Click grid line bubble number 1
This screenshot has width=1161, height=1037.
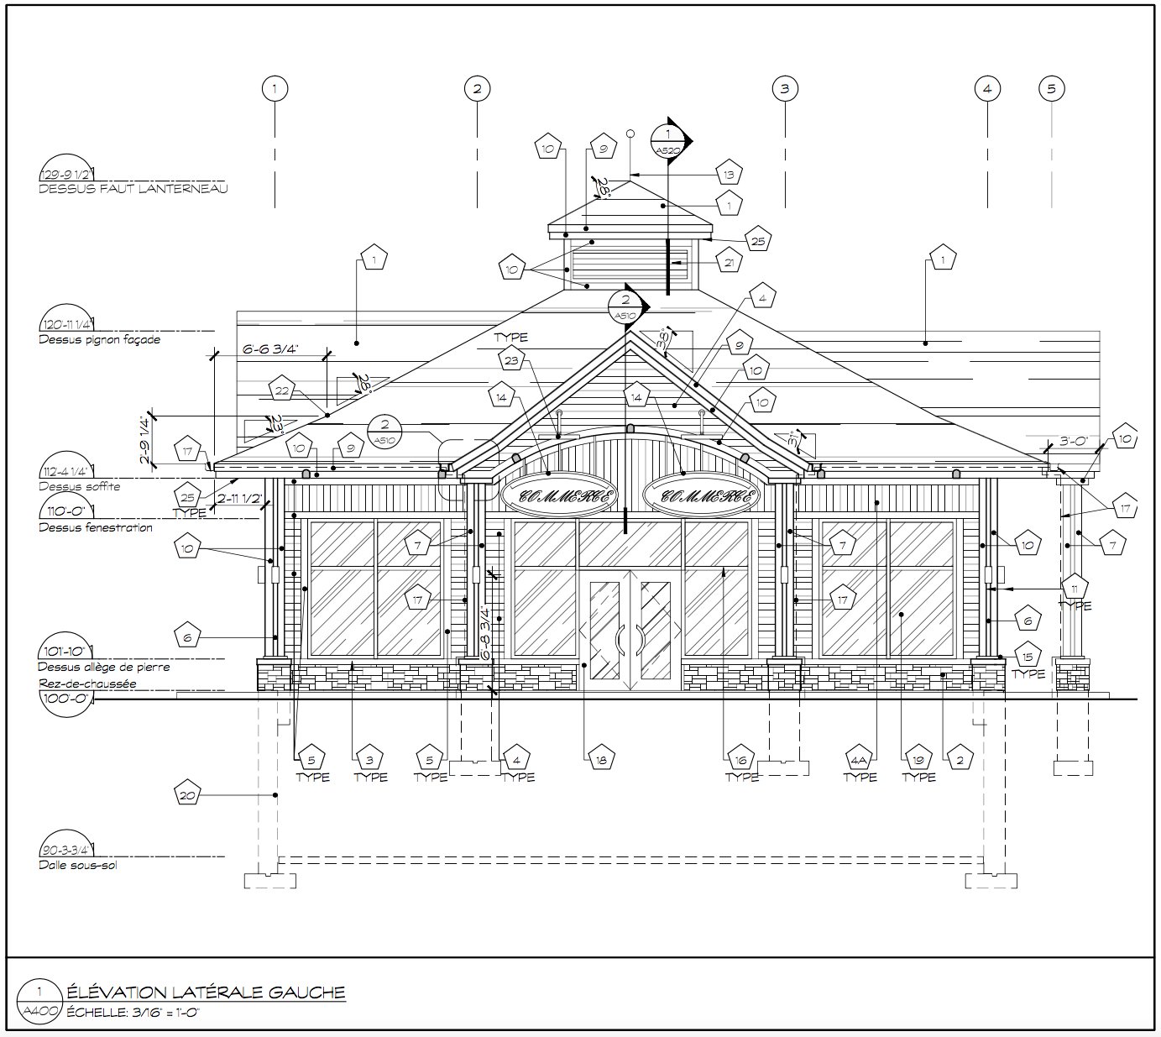[275, 88]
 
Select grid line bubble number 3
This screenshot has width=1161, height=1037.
[785, 88]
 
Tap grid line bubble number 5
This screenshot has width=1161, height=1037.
[1052, 88]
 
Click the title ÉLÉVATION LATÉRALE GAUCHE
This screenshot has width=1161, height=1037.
[206, 992]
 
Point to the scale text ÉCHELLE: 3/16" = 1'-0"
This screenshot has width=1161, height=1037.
[133, 1013]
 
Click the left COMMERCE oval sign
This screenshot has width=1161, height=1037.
[559, 495]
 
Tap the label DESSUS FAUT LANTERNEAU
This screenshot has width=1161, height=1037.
[133, 189]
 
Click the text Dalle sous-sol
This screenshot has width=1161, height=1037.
[78, 865]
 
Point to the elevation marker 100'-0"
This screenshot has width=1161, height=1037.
[65, 699]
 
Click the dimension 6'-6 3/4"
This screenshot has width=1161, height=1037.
[270, 349]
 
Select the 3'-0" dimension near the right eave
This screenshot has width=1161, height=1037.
[1074, 441]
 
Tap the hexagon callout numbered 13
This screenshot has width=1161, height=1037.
[729, 175]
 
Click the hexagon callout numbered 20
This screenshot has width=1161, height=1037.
[187, 794]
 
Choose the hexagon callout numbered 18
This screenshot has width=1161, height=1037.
[601, 760]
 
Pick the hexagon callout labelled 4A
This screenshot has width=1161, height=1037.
[859, 760]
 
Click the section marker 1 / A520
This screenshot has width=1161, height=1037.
[668, 141]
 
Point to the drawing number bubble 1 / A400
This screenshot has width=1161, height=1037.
[39, 1001]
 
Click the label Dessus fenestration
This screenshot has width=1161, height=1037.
[96, 527]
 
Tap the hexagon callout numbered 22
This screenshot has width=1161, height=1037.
[282, 390]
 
